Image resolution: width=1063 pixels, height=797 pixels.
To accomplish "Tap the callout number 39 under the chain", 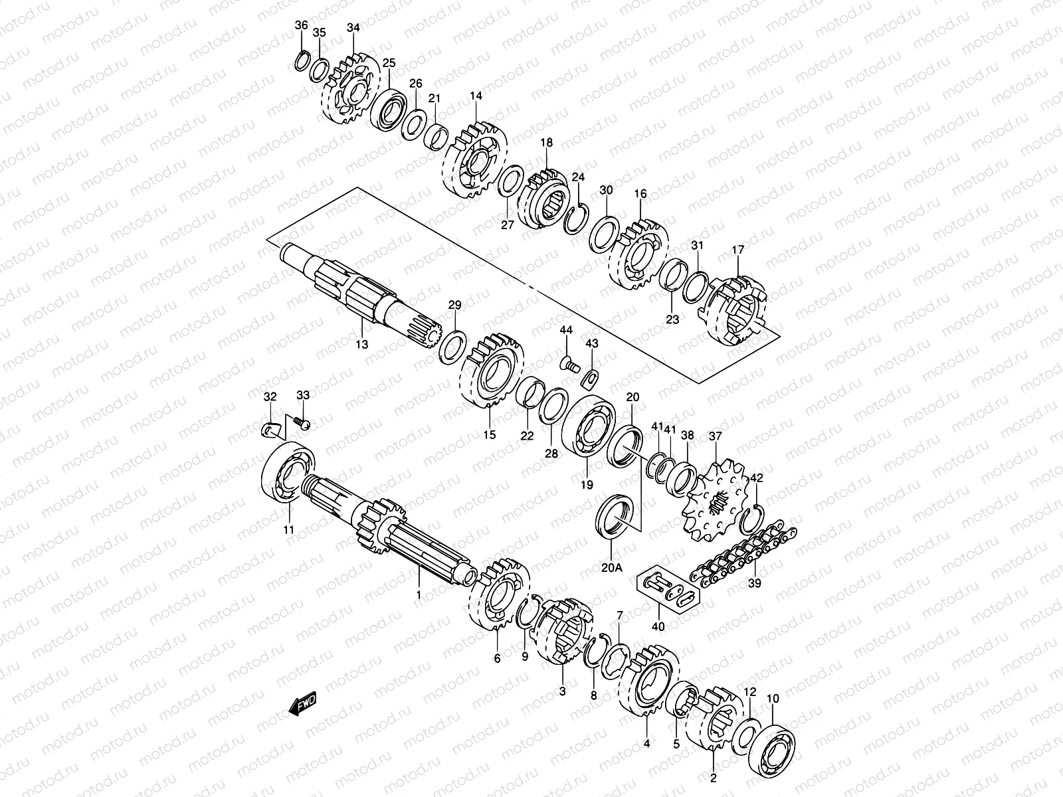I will pos(755,583).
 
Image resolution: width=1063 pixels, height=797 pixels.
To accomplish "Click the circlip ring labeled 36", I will pos(301,60).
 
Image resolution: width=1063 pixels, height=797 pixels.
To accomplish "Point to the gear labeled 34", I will pos(351,92).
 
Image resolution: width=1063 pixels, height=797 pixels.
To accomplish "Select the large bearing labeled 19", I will pos(587,426).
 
